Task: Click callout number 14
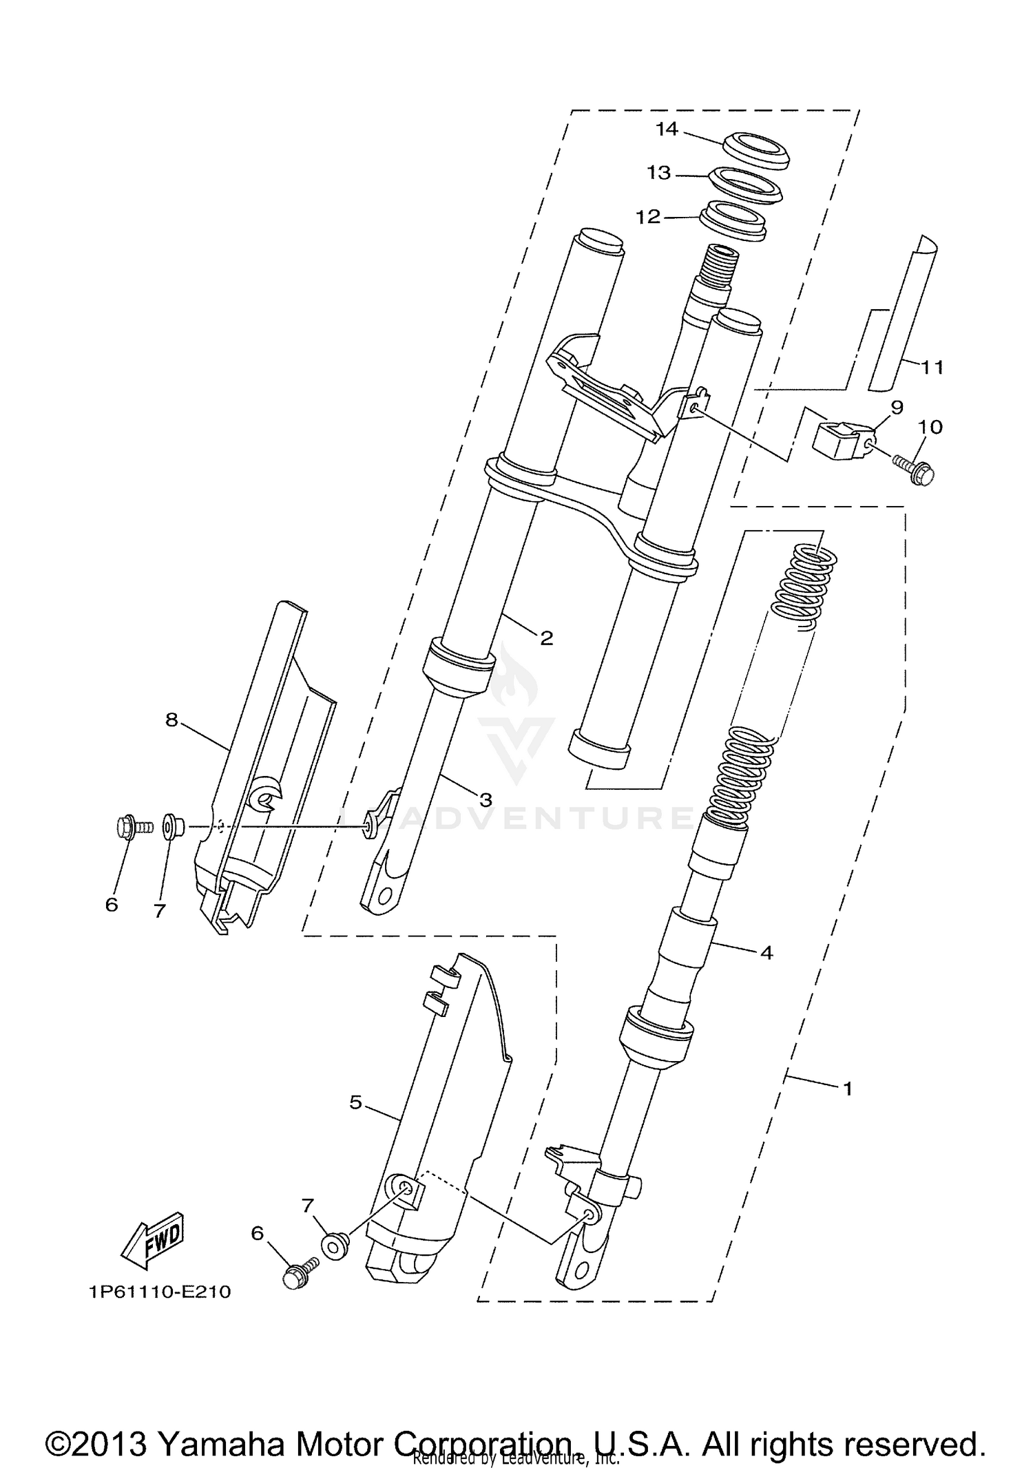coord(667,129)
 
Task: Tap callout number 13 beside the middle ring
coord(658,172)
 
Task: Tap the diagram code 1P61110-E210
coord(160,1292)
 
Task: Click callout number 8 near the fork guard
coord(171,720)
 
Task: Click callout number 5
coord(355,1102)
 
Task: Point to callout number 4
coord(766,953)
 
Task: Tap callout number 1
coord(848,1089)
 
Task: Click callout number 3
coord(486,799)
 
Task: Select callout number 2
coord(546,638)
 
